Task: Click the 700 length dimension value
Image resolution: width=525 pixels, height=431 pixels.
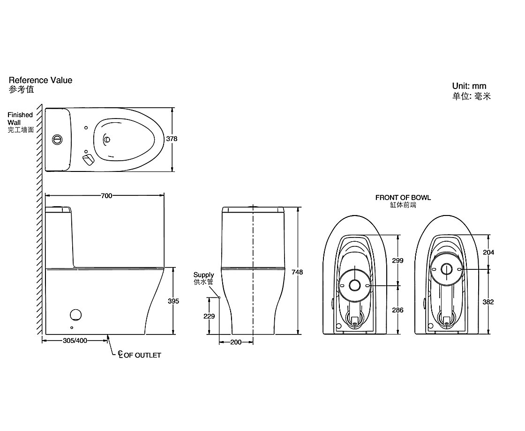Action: (x=106, y=196)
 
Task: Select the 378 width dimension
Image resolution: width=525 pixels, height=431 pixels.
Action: (x=172, y=139)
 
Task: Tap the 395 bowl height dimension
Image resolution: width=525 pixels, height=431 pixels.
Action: (x=173, y=301)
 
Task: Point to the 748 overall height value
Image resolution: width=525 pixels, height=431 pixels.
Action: (x=297, y=272)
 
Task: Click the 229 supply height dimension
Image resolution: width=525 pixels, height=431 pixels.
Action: (x=209, y=316)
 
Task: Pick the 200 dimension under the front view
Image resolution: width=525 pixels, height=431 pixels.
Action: (x=236, y=342)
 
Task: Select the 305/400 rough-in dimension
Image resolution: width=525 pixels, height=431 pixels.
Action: (x=75, y=341)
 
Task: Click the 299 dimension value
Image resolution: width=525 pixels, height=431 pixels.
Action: (x=397, y=260)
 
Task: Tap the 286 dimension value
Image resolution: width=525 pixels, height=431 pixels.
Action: (x=397, y=310)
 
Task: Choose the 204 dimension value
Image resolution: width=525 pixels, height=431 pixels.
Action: (x=488, y=252)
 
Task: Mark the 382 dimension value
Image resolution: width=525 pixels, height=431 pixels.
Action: (x=488, y=302)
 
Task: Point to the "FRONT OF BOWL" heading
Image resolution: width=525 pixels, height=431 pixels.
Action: (x=403, y=198)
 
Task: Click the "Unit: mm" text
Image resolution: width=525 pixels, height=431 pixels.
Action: (x=469, y=86)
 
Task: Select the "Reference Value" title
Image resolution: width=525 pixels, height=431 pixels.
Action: (x=41, y=80)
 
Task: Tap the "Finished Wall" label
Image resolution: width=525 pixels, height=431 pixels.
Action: (x=20, y=119)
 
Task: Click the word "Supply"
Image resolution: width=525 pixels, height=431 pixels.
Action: (x=204, y=275)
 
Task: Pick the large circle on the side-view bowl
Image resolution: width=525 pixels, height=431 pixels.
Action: (x=75, y=315)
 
